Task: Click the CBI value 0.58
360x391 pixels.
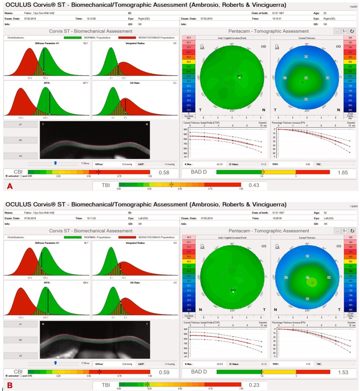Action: [164, 172]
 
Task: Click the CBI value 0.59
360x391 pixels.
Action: [164, 370]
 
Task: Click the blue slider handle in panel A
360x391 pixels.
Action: [55, 163]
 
